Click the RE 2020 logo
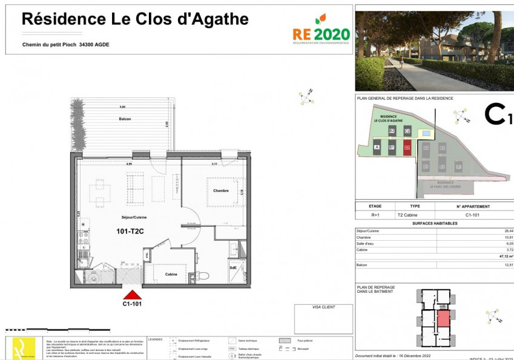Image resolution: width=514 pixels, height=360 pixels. point(320,30)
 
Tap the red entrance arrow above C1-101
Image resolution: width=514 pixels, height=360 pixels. point(133,295)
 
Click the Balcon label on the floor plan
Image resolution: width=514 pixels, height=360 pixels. point(125,119)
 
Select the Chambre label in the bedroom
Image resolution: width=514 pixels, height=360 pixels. point(220,191)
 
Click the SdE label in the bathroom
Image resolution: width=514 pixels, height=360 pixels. point(232,267)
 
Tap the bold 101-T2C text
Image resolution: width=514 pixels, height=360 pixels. point(130,231)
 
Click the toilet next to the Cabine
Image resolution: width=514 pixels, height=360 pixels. point(202,276)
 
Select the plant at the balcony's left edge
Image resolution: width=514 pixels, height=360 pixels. point(77,123)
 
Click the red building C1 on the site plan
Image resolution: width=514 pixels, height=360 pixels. point(407,146)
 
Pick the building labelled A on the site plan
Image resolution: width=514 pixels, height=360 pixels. point(377,147)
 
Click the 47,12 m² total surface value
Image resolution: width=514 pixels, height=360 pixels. point(501,256)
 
